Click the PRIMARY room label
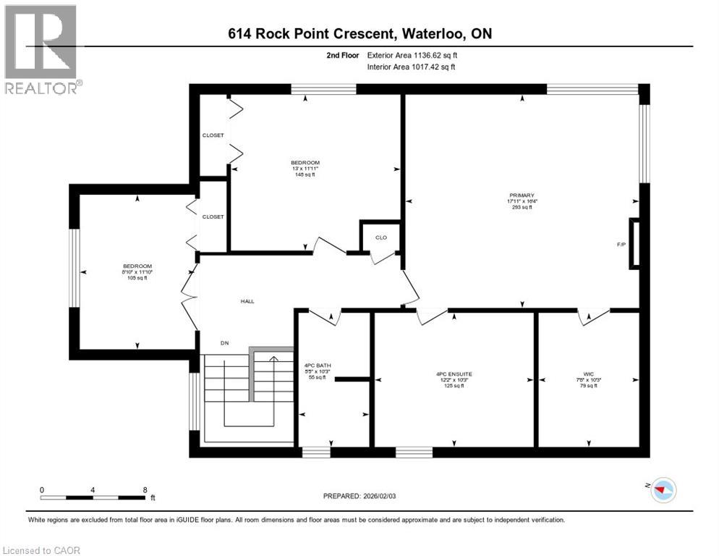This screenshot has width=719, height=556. pyautogui.click(x=521, y=195)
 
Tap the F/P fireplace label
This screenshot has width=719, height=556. pyautogui.click(x=621, y=245)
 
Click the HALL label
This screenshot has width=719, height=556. pyautogui.click(x=247, y=301)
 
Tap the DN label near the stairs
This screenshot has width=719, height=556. pyautogui.click(x=225, y=344)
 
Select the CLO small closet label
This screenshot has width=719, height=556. pyautogui.click(x=380, y=237)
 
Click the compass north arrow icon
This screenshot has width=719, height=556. pyautogui.click(x=662, y=490)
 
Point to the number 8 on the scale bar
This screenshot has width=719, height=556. pyautogui.click(x=145, y=489)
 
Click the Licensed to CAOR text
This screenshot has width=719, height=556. pyautogui.click(x=42, y=550)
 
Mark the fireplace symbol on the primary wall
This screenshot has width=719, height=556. pyautogui.click(x=634, y=243)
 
